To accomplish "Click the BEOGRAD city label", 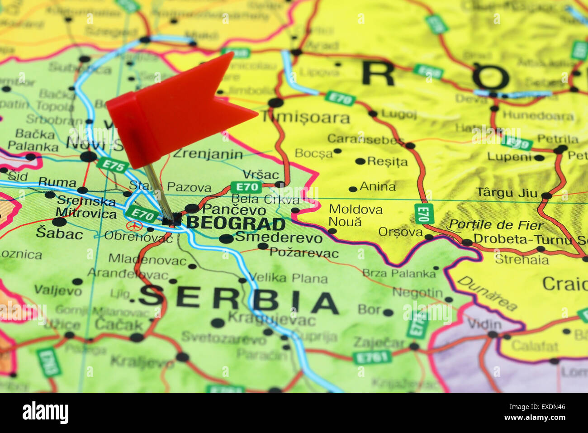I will coord(236,224).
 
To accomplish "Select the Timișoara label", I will coord(306,118).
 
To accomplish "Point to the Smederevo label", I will coord(279,237).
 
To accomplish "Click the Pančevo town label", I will coord(234,210).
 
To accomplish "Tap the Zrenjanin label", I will coord(208,154).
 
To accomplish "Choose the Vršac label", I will coord(261,175).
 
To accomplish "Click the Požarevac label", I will coord(304,252).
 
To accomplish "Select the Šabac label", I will coord(59,233).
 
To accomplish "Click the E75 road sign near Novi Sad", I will coord(113,165).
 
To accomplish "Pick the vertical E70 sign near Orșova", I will coord(424,214).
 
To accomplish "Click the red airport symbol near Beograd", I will coord(134,225).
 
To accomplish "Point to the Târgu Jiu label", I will coord(507,193).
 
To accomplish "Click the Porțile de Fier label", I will coord(496,225).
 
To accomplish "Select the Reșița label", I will coord(387,162).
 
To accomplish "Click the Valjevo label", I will coord(58,290).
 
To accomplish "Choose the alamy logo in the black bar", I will coord(46,413).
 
